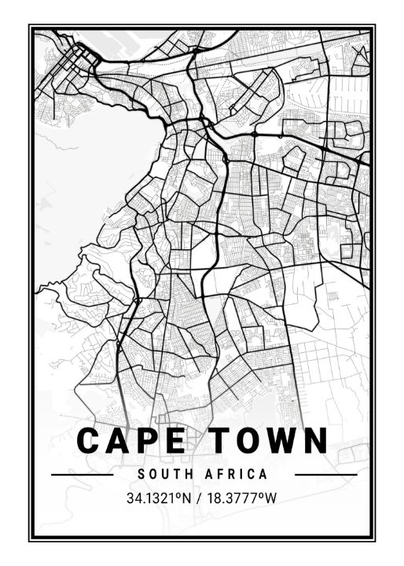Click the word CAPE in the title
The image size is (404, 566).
pyautogui.click(x=131, y=441)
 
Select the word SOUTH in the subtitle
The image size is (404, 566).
pyautogui.click(x=162, y=475)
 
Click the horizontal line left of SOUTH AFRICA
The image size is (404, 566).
pyautogui.click(x=82, y=475)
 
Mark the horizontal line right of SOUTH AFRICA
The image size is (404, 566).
pyautogui.click(x=325, y=475)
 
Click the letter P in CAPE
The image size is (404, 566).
pyautogui.click(x=147, y=441)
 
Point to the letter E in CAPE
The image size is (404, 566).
pyautogui.click(x=174, y=441)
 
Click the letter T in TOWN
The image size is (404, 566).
pyautogui.click(x=220, y=441)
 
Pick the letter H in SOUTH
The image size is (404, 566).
pyautogui.click(x=186, y=475)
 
